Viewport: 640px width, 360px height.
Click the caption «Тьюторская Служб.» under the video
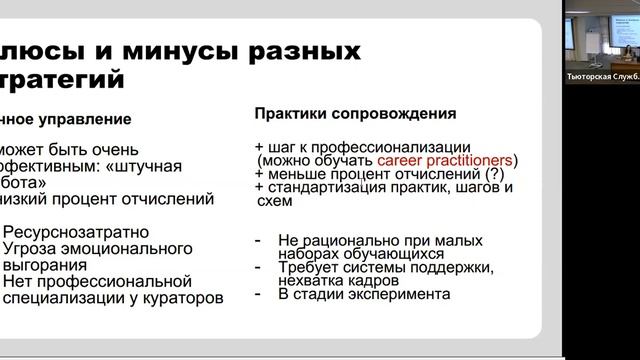pyautogui.click(x=600, y=76)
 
